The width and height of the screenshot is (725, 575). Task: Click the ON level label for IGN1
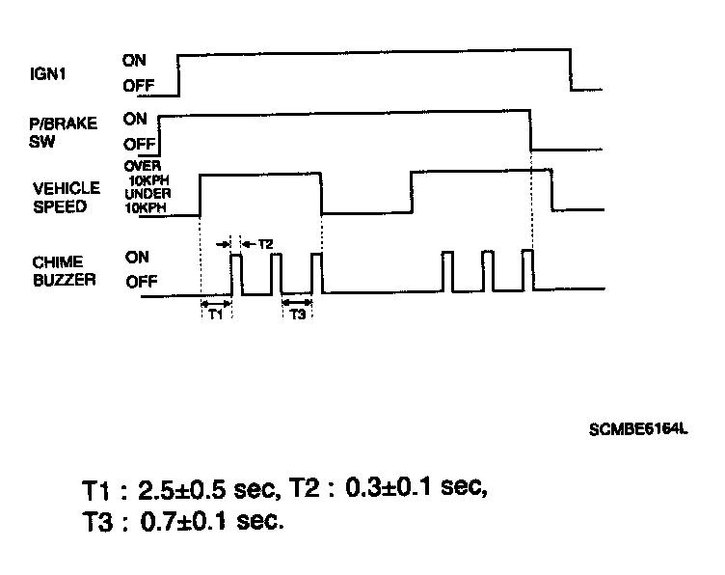135,59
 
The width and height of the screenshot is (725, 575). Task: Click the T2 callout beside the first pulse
264,244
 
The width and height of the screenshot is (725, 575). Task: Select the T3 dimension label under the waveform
298,315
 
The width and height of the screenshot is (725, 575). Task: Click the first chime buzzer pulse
236,273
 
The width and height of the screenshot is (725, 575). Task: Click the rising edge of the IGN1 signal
179,74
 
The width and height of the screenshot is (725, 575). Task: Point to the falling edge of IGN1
572,73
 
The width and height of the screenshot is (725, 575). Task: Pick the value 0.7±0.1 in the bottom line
199,522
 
